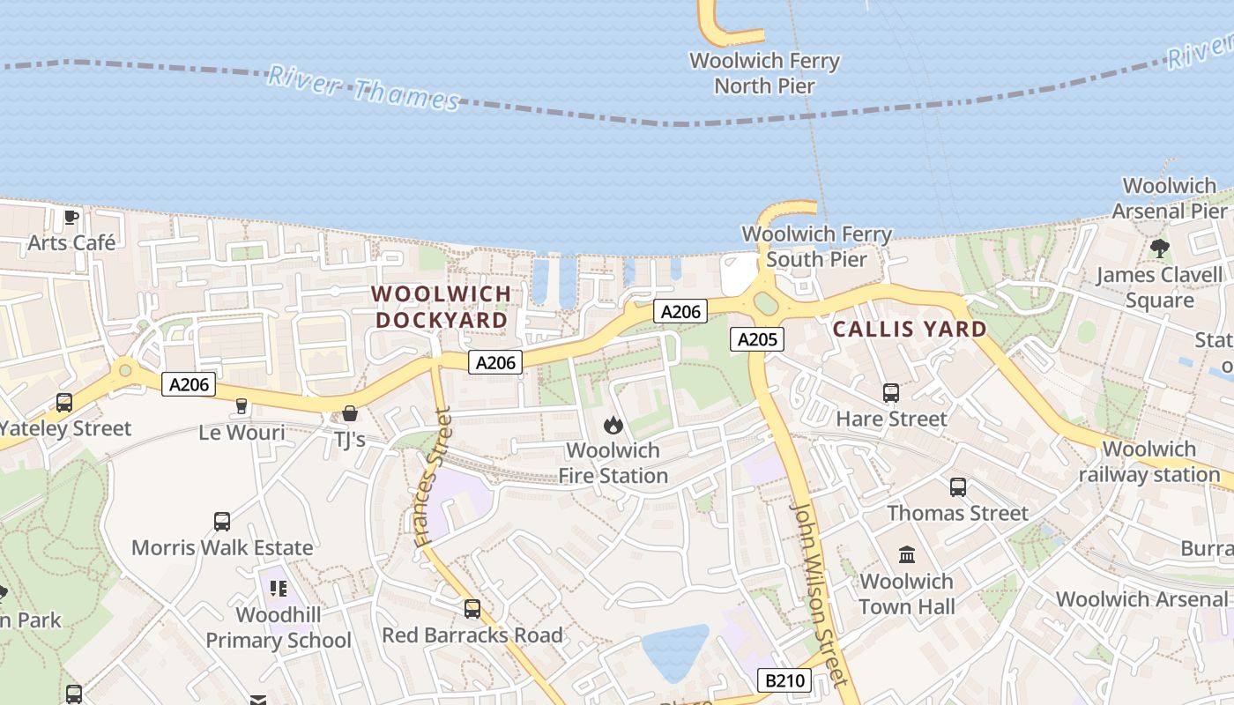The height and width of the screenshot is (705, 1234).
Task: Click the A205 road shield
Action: click(757, 339)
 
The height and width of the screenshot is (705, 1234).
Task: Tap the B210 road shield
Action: click(784, 680)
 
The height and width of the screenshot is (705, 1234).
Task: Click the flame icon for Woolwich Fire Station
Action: click(613, 426)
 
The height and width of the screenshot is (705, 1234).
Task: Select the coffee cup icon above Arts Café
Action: click(71, 217)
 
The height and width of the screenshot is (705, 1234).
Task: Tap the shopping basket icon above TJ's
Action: click(350, 413)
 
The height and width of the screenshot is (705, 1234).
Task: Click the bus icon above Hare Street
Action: click(891, 393)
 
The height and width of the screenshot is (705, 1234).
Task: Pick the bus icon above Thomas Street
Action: click(958, 486)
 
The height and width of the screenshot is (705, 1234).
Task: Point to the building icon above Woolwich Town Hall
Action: click(907, 554)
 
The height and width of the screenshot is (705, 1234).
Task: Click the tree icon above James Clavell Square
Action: click(1159, 249)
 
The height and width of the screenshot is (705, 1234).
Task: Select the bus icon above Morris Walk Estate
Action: click(222, 521)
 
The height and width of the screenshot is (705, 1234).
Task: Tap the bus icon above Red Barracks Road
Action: click(472, 608)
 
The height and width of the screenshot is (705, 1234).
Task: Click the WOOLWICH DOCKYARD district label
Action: click(442, 307)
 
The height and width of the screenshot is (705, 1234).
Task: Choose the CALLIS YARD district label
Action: click(911, 330)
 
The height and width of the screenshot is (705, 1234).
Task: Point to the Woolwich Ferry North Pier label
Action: click(764, 73)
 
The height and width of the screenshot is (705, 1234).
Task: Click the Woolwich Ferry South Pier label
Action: click(817, 247)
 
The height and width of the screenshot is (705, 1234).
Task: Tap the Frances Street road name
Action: click(432, 476)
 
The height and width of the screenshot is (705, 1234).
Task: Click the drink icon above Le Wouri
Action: click(242, 406)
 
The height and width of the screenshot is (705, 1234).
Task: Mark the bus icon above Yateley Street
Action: click(64, 403)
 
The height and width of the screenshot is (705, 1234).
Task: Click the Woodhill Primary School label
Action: click(279, 627)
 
